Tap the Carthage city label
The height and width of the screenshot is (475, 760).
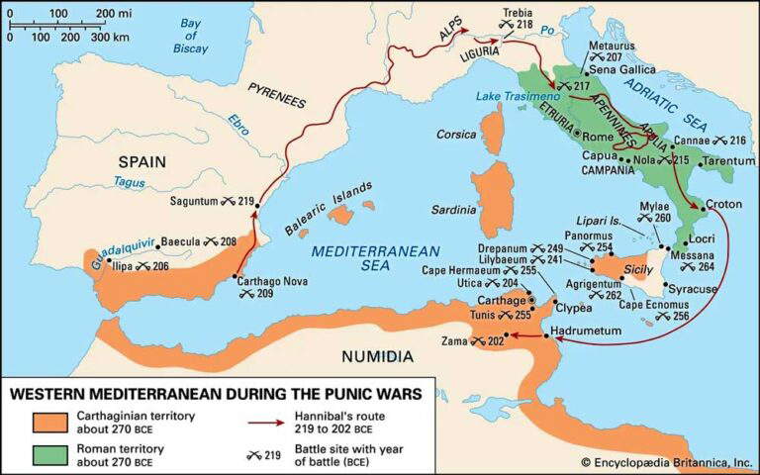pyautogui.click(x=497, y=298)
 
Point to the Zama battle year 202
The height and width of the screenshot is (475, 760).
pyautogui.click(x=495, y=341)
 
